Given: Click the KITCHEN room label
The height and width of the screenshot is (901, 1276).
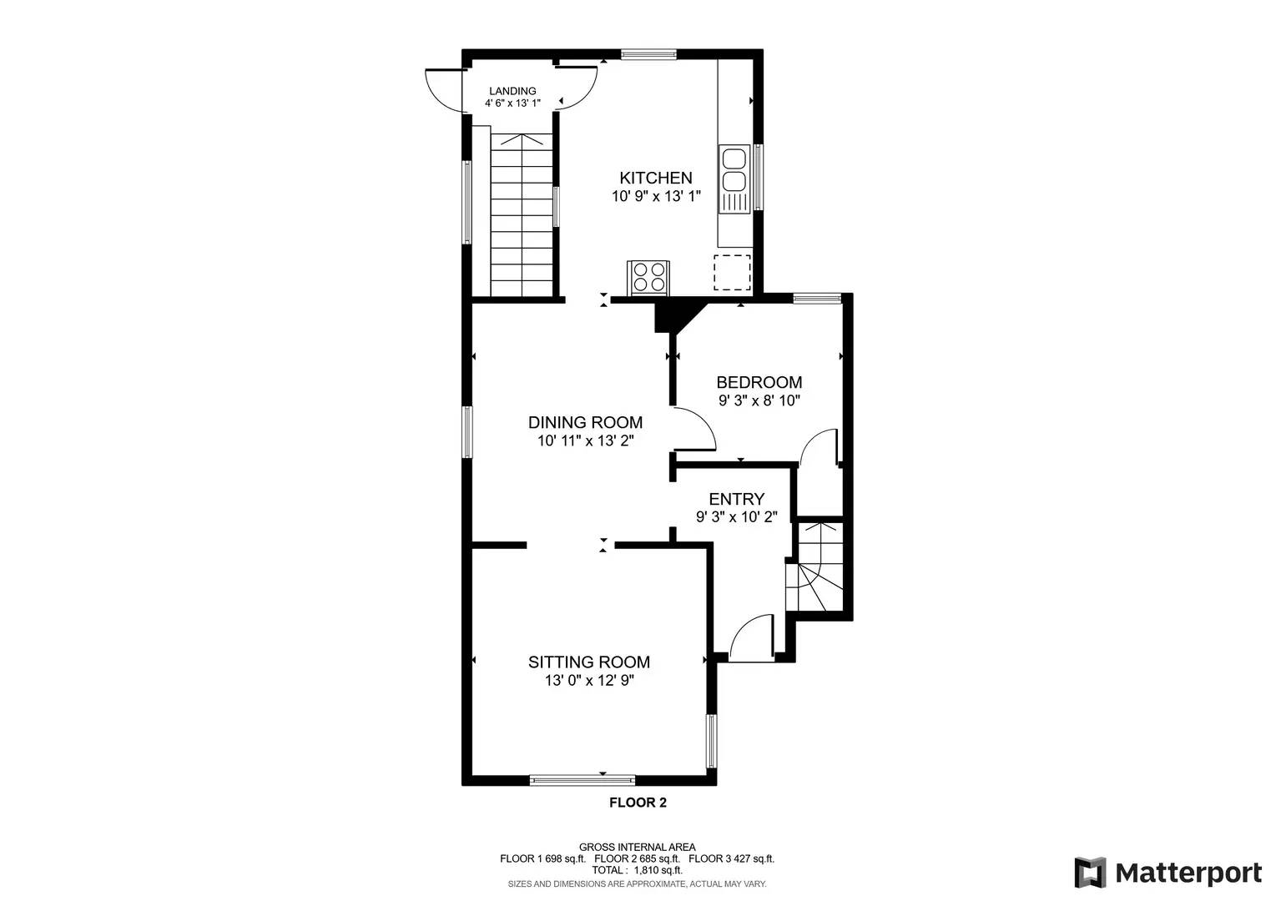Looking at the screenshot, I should (x=655, y=178).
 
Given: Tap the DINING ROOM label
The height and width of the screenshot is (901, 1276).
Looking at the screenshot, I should (x=585, y=422).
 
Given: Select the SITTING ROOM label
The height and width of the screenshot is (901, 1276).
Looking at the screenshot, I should (x=588, y=662).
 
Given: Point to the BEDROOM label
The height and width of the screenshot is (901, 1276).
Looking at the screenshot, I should (x=759, y=382).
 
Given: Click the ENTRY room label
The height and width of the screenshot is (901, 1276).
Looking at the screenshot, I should (x=736, y=499).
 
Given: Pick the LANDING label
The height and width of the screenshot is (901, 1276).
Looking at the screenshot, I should (x=512, y=91).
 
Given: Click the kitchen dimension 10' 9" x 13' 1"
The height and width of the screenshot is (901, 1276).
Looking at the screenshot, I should (x=655, y=197).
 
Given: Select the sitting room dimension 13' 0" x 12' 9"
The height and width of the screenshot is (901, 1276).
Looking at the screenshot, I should (x=588, y=681).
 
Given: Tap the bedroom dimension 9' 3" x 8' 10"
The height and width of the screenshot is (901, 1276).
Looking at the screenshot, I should (x=759, y=400).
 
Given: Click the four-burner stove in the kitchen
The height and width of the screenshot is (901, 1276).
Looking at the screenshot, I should (x=648, y=277).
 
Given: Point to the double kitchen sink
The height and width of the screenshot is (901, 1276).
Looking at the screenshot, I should (x=734, y=170).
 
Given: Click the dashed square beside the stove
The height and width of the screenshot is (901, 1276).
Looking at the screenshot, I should (x=732, y=272).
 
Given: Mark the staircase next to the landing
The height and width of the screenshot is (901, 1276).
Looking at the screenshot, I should (x=522, y=215).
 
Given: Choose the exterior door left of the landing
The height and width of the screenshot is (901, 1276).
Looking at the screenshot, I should (x=444, y=90).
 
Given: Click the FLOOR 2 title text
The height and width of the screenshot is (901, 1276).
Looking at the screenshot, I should (x=638, y=803).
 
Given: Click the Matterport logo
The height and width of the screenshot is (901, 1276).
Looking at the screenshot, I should (x=1168, y=873).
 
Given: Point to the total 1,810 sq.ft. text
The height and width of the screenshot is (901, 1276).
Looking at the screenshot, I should (x=637, y=869).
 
